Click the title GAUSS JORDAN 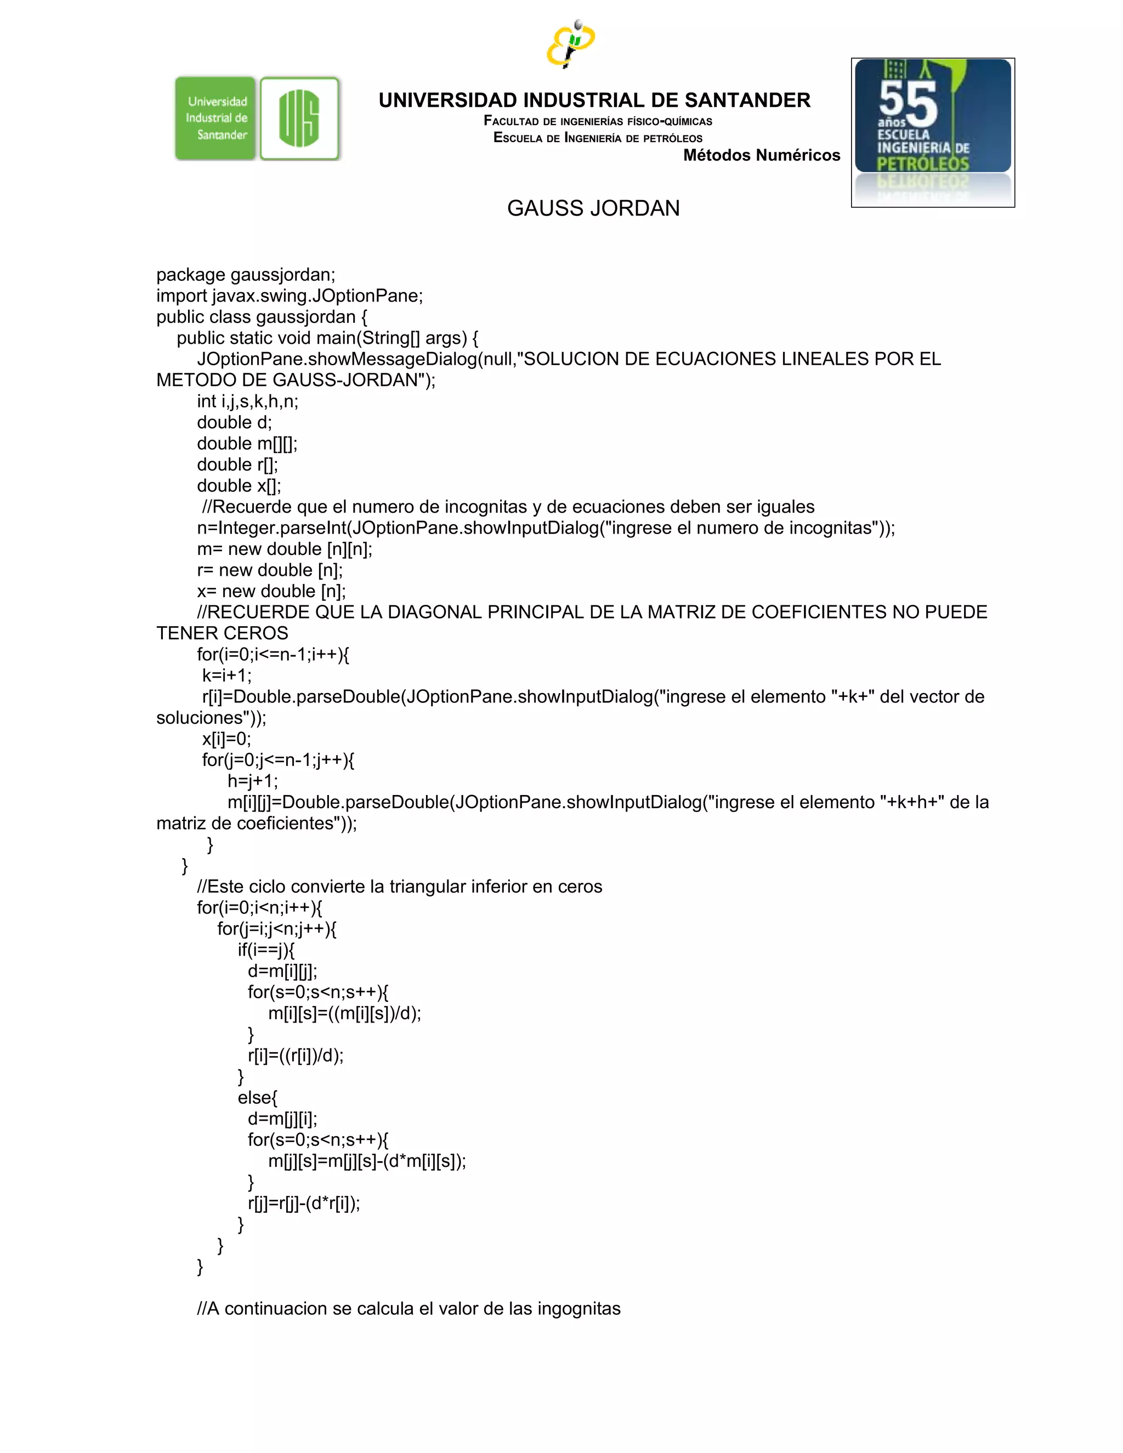click(x=593, y=208)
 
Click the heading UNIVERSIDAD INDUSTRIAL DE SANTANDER click(x=594, y=100)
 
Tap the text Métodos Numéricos click(x=761, y=155)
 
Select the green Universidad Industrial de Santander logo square click(x=215, y=118)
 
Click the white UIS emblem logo click(x=299, y=118)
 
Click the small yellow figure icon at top click(x=570, y=43)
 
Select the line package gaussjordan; click(x=246, y=275)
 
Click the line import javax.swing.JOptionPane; click(x=290, y=296)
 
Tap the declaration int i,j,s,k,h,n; click(x=247, y=401)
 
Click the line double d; click(x=234, y=422)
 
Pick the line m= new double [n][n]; click(x=284, y=549)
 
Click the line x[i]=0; click(x=226, y=739)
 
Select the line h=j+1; click(x=253, y=781)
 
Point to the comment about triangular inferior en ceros click(x=399, y=886)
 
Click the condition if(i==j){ click(x=266, y=950)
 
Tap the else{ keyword click(x=258, y=1098)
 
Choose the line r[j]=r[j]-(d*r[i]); click(x=303, y=1203)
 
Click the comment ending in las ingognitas click(x=409, y=1309)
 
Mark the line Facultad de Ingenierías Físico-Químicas click(x=598, y=121)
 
